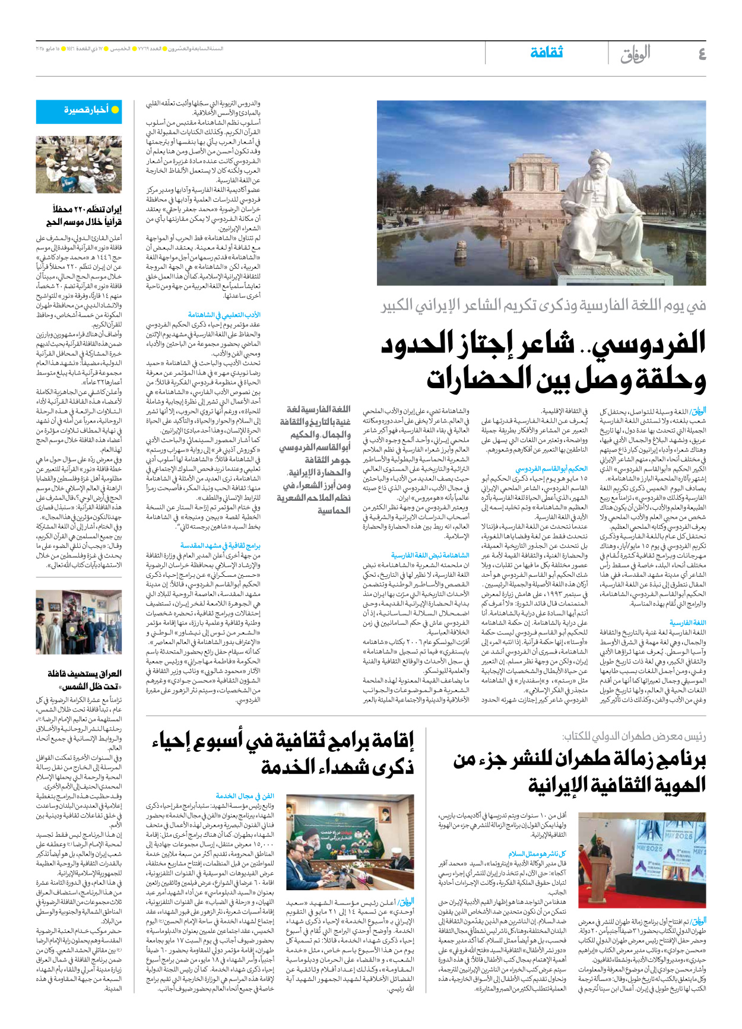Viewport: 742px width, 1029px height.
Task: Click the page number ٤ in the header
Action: coord(702,54)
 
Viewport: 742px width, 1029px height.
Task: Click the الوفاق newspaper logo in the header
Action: coord(635,55)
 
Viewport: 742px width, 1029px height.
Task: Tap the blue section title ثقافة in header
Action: coord(546,53)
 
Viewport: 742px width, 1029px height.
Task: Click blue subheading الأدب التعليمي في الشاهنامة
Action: coord(224,315)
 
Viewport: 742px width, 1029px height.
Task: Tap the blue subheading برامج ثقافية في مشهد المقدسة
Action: coord(220,545)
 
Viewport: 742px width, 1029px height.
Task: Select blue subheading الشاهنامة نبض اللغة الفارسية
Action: coord(430,555)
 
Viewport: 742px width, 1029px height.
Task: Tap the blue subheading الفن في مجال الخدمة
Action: coord(245,796)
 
